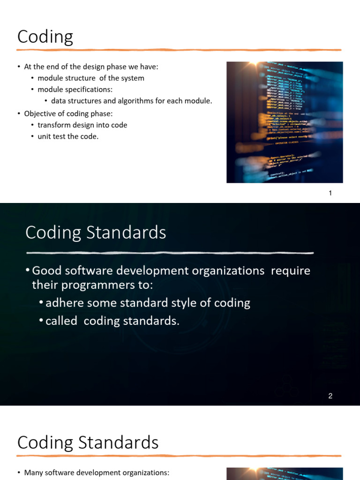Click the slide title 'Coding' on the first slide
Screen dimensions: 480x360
coord(45,37)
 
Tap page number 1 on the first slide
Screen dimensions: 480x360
coord(330,193)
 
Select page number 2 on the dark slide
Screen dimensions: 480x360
coord(330,396)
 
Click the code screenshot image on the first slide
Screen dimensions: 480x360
coord(285,122)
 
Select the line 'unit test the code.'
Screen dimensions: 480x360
coord(68,136)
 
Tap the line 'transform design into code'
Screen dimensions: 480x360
coord(82,125)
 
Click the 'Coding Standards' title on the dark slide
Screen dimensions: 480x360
coord(96,232)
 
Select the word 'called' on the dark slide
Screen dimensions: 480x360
coord(61,321)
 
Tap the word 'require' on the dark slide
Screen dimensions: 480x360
coord(291,271)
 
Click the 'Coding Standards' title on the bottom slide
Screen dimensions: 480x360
coord(88,442)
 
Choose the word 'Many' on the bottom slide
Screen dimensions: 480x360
coord(33,473)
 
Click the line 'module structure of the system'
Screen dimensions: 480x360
coord(91,78)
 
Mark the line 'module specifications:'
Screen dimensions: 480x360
coord(75,90)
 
